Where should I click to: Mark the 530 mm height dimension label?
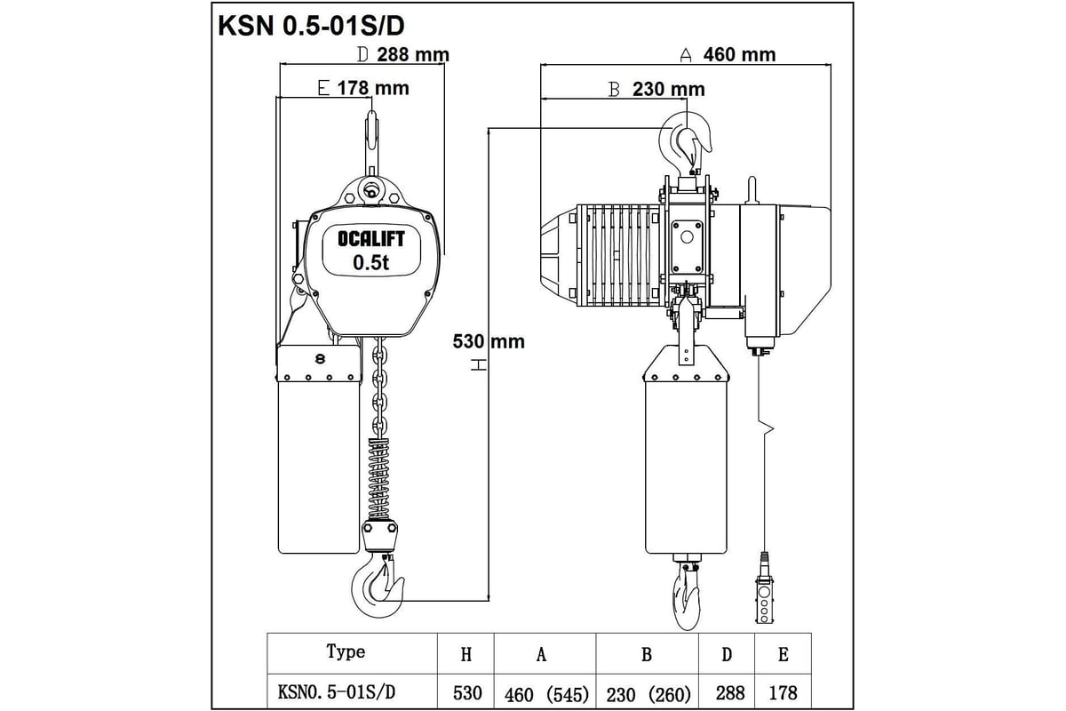click(489, 341)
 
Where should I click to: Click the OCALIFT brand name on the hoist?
click(370, 238)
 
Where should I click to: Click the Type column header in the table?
click(346, 652)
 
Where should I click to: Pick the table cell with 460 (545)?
click(546, 691)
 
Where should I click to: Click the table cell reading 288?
click(727, 691)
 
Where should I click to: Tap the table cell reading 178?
click(783, 691)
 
